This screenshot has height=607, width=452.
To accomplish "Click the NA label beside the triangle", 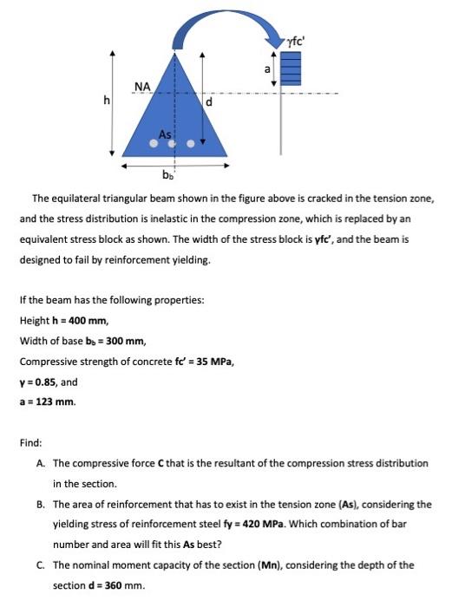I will (143, 85).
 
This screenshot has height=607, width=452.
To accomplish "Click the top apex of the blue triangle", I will (174, 50).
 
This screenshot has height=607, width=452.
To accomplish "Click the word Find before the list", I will (29, 444).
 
